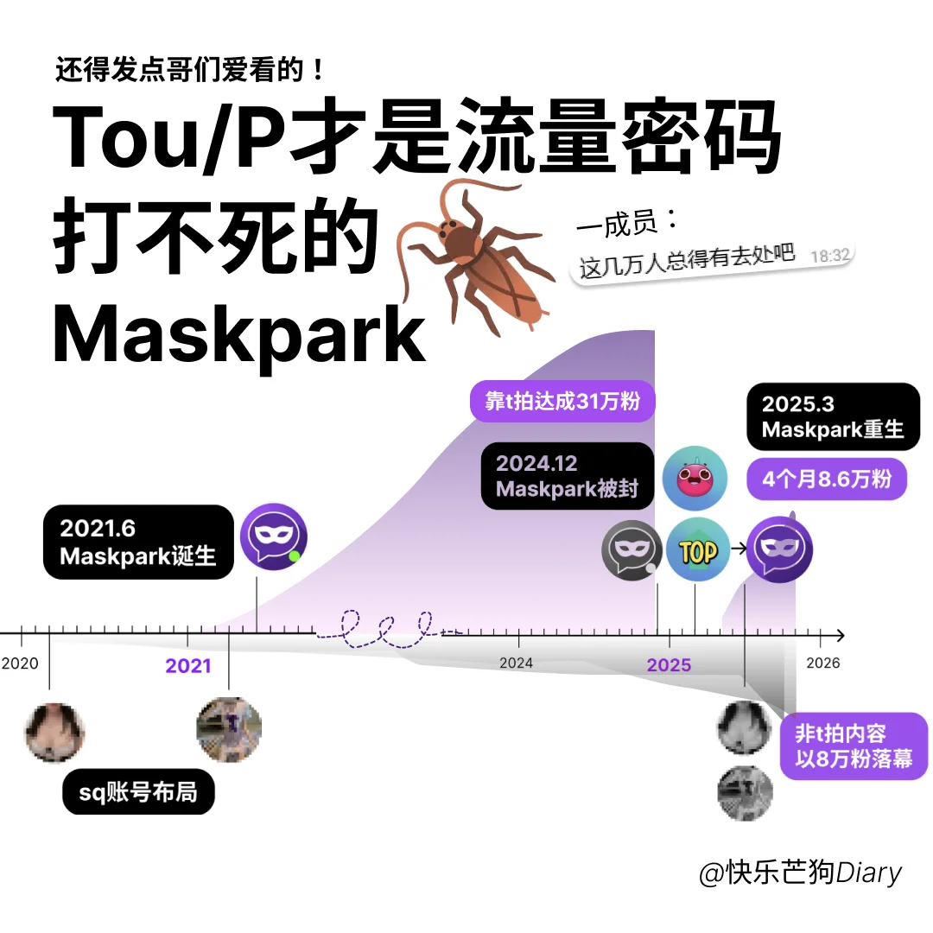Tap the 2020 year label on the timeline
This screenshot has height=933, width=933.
pos(20,663)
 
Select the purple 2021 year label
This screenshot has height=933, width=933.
pos(188,665)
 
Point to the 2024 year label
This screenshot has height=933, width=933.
pos(516,663)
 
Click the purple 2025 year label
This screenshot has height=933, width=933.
pos(669,664)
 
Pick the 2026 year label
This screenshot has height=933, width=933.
pos(822,663)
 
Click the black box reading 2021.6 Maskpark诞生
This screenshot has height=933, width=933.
pos(138,542)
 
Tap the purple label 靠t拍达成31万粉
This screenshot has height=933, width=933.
pos(562,402)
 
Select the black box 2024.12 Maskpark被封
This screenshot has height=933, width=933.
pos(567,476)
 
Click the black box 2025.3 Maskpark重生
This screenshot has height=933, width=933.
pos(833,416)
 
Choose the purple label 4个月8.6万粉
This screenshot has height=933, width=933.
pos(827,478)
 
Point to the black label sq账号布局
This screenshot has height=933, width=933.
pos(138,791)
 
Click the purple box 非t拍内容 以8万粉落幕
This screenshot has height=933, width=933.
pos(854,746)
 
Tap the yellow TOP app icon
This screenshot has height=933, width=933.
pos(698,550)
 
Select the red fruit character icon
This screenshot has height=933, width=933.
pos(695,479)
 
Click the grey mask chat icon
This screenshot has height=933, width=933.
pos(632,550)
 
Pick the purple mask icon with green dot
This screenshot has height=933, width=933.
pos(273,536)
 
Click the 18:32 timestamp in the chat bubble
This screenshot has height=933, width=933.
pos(830,255)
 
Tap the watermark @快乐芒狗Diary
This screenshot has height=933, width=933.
pos(800,873)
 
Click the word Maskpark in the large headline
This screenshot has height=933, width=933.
pos(240,335)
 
